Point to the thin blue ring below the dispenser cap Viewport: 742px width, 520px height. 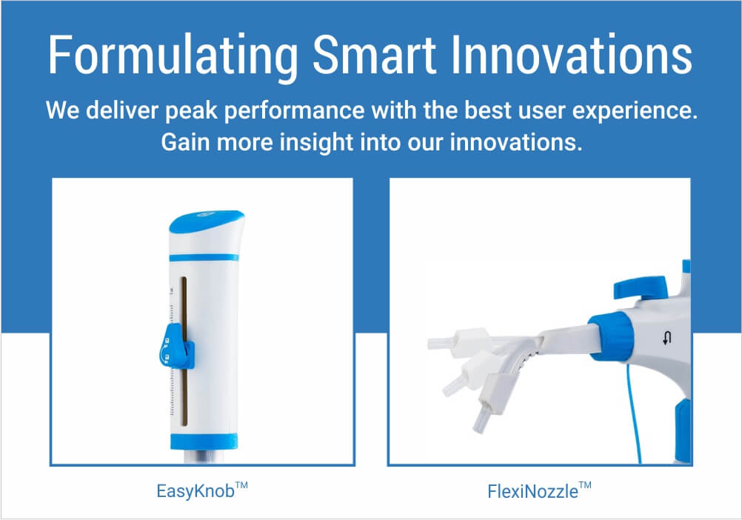click(203, 256)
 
